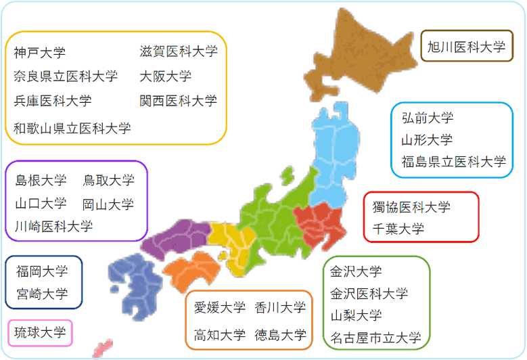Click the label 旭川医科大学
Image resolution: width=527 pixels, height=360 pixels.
[467, 47]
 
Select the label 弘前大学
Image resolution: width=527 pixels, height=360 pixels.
[428, 118]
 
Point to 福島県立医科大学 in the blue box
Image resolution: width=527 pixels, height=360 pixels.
[454, 162]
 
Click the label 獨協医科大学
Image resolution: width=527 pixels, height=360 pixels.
[411, 206]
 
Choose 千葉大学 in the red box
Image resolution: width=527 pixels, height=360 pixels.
[398, 229]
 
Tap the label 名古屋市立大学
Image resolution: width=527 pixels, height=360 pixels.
[375, 338]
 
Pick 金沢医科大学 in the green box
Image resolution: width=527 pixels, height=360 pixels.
[369, 294]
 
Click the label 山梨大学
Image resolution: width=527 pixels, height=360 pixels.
[356, 315]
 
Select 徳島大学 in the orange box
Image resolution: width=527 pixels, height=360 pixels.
[280, 335]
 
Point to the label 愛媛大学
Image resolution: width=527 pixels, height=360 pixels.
[220, 307]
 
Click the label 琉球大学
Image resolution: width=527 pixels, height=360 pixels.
[40, 332]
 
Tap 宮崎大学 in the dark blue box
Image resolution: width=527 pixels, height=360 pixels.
[42, 294]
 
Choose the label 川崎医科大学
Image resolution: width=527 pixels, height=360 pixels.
[53, 226]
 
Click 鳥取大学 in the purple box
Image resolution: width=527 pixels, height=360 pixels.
[108, 180]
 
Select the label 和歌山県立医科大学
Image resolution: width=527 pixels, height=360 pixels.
[72, 128]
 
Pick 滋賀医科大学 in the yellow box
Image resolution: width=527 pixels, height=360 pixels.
[179, 51]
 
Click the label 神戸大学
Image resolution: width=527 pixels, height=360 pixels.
[40, 52]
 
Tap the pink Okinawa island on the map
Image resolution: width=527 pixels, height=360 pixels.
[102, 349]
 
